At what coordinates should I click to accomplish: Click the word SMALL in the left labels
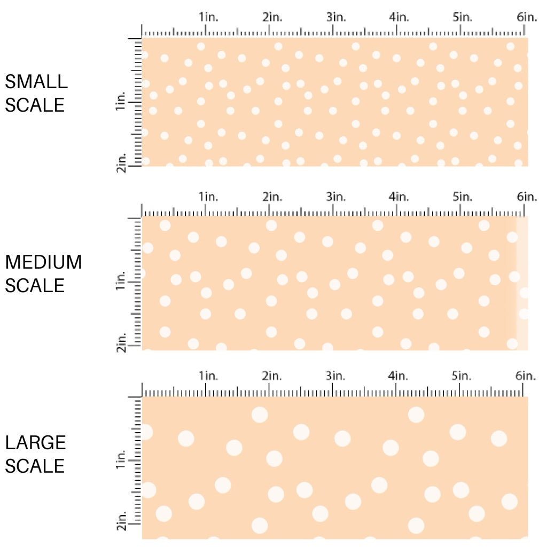[x=36, y=82]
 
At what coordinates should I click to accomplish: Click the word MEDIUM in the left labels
[x=43, y=262]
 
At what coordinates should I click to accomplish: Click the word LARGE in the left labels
[x=35, y=442]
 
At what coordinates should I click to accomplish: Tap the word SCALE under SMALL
[x=35, y=105]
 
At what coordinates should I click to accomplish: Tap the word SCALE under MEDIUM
[x=35, y=285]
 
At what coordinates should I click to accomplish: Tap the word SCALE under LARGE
[x=35, y=465]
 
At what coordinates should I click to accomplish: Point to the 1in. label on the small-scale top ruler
[x=209, y=17]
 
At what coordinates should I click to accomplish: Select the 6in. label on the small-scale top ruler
[x=526, y=17]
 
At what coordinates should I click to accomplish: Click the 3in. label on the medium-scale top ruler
[x=336, y=197]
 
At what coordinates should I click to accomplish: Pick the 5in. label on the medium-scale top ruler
[x=463, y=197]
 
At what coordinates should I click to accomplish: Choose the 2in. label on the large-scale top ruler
[x=272, y=376]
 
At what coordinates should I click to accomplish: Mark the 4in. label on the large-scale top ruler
[x=399, y=376]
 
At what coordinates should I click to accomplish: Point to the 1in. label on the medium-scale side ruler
[x=120, y=282]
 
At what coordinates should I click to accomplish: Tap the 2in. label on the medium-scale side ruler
[x=120, y=343]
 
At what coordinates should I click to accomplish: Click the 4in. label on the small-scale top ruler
[x=399, y=17]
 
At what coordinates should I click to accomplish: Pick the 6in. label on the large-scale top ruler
[x=526, y=376]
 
